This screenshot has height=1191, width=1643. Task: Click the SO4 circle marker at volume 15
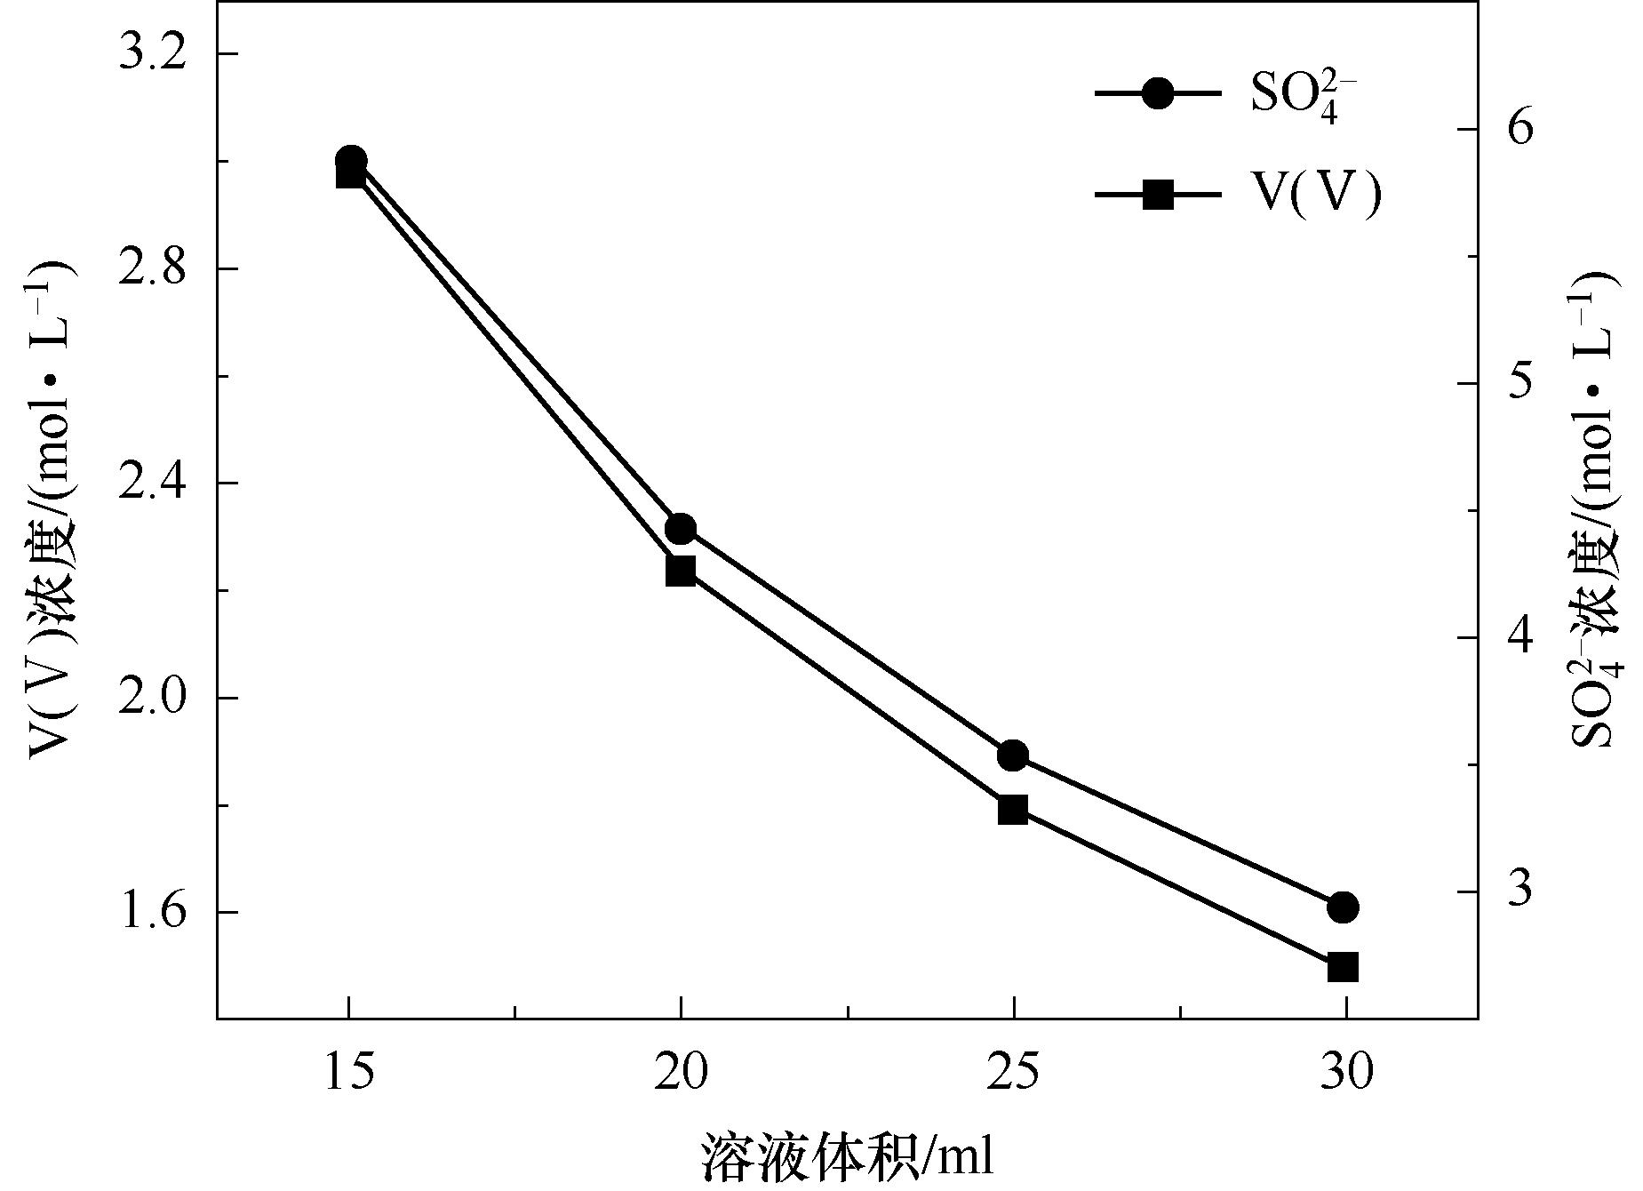350,161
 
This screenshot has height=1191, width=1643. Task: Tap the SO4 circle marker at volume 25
1012,756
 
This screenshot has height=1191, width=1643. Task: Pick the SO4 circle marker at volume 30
1344,907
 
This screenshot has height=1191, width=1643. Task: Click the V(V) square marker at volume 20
681,571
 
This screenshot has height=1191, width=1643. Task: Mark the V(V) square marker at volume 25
1012,810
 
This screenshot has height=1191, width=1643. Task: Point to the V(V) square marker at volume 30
1344,967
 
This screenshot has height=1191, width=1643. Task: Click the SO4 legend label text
1303,100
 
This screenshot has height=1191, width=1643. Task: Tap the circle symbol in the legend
1158,93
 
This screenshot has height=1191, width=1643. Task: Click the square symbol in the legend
1158,194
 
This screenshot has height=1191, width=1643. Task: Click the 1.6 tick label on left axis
153,912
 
